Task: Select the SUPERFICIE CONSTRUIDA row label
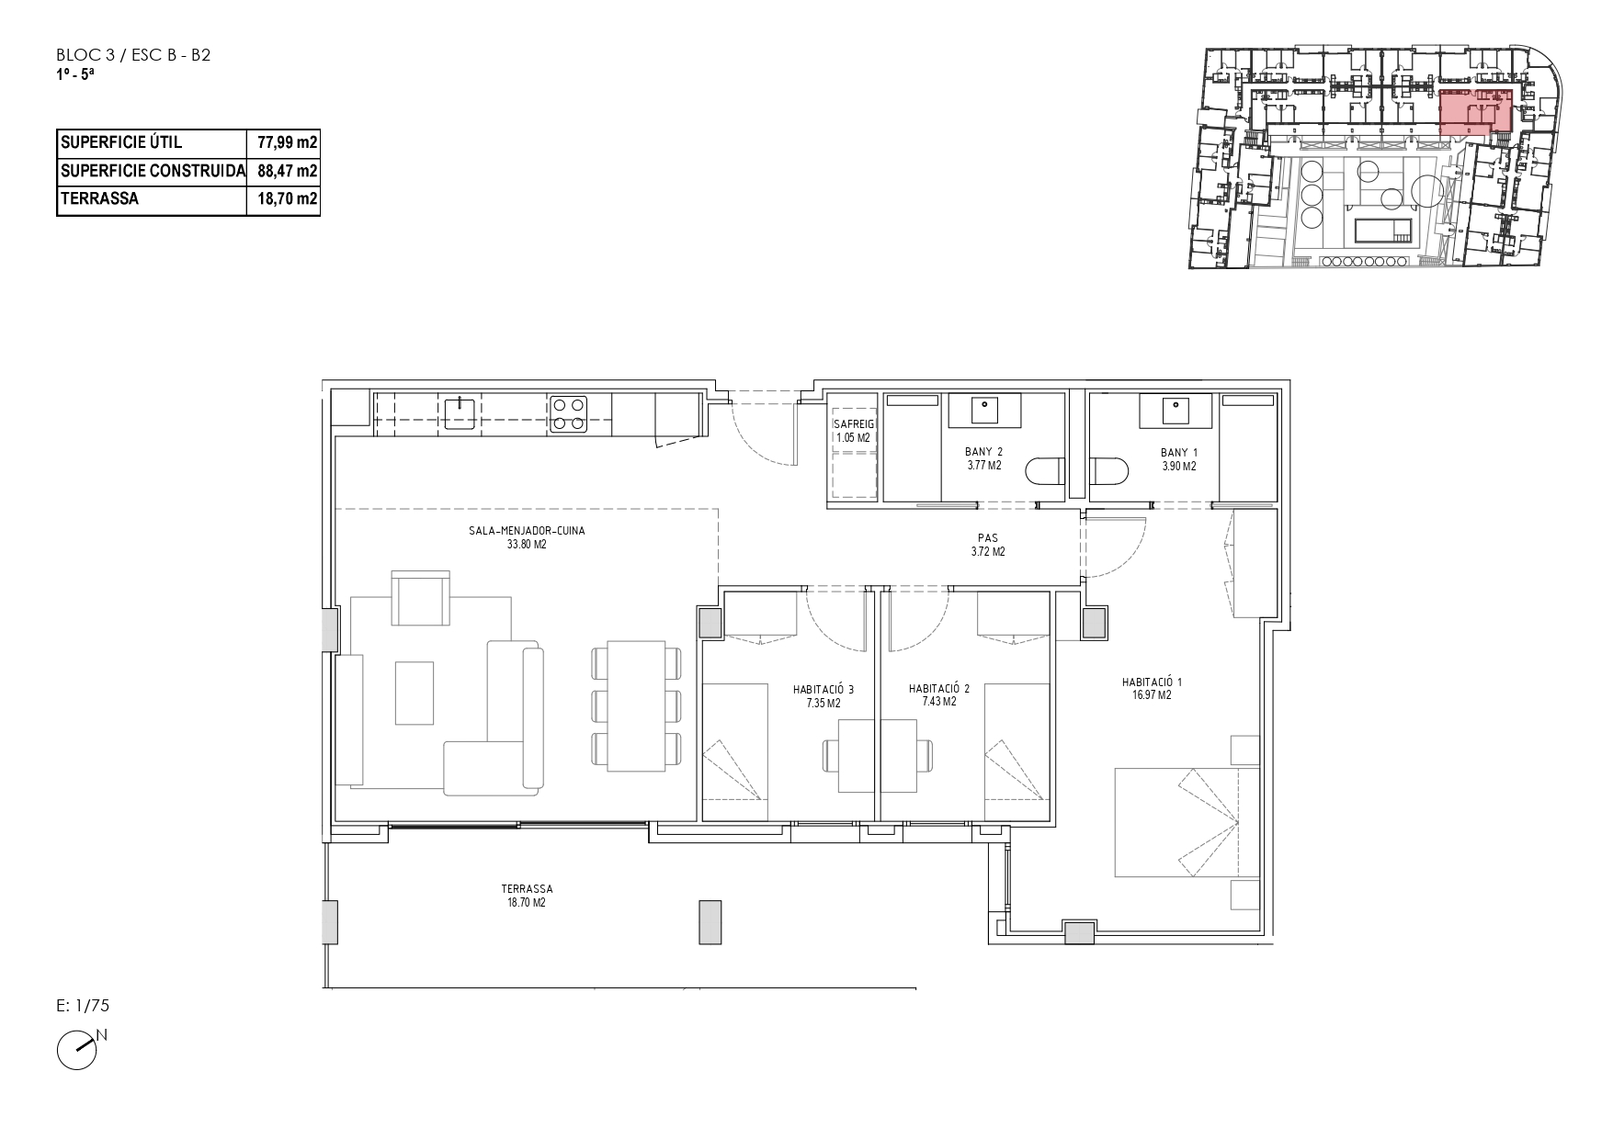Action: pos(153,171)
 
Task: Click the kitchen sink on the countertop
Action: pos(459,412)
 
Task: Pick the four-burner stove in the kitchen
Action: pos(568,413)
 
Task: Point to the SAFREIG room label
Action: pos(853,424)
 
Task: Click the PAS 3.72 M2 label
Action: pos(988,546)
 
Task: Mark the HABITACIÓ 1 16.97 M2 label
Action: pos(1152,689)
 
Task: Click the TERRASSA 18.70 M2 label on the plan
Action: pos(527,896)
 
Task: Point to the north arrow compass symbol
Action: pos(81,1048)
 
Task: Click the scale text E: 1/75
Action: pos(83,1007)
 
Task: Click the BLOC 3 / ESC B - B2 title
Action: pos(133,55)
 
